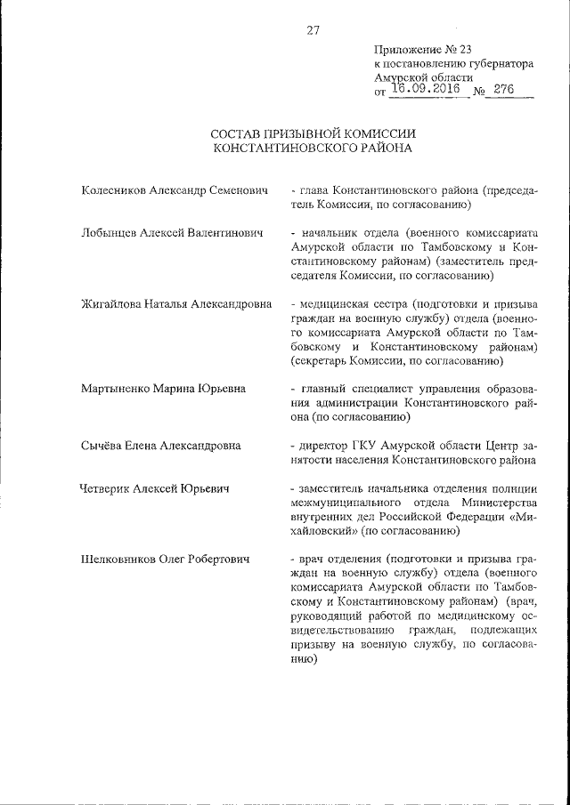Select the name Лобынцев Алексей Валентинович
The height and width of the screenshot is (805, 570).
coord(172,233)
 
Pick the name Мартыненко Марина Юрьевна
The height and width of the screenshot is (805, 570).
coord(163,388)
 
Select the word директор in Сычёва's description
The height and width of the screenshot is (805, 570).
coord(326,445)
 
